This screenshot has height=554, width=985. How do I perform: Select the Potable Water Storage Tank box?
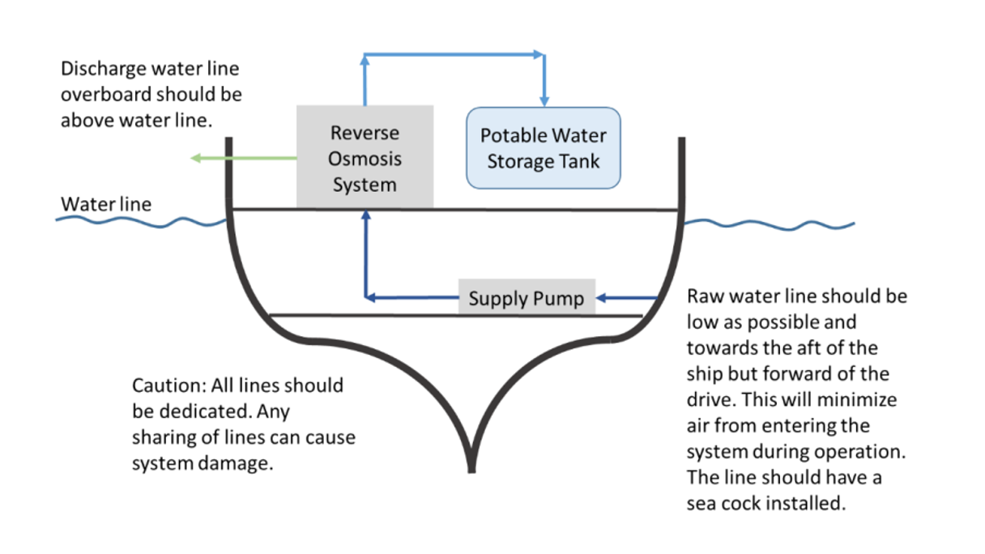[543, 148]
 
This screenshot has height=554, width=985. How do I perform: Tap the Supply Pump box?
[527, 298]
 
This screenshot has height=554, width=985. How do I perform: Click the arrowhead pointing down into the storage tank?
[544, 101]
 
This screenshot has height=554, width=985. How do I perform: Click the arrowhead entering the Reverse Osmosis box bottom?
[365, 215]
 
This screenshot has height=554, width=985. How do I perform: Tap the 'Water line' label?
[105, 204]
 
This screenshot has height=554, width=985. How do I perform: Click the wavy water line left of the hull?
[138, 220]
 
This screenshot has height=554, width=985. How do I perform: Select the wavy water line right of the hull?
[770, 224]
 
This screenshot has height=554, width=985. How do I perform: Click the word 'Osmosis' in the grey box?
[365, 159]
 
